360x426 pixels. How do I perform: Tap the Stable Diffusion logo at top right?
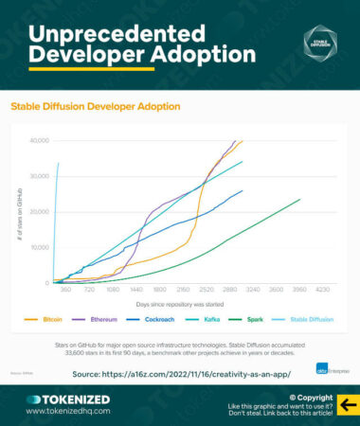pos(319,42)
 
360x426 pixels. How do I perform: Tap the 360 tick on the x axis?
pos(65,289)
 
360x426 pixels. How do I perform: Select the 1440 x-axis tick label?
pos(135,289)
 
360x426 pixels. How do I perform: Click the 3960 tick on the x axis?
pos(300,289)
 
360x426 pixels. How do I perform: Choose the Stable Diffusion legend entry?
pos(309,320)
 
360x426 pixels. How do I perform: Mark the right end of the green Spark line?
pos(300,199)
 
